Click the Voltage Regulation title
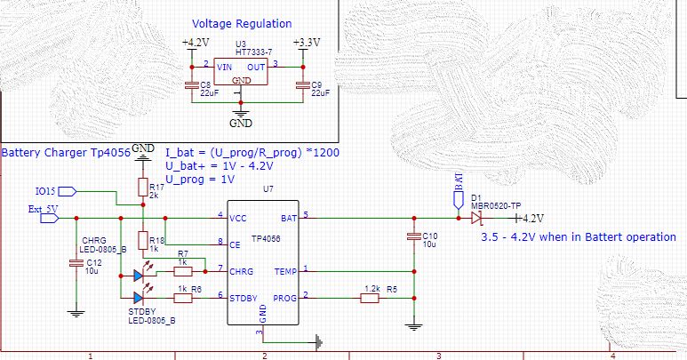[242, 24]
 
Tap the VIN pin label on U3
[227, 65]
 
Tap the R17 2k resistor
[141, 187]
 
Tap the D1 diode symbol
[476, 218]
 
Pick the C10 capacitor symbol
[413, 236]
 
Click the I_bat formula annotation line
[252, 152]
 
